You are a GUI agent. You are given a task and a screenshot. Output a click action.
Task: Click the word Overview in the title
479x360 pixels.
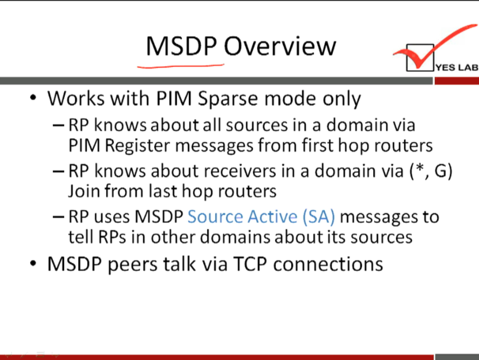coord(280,46)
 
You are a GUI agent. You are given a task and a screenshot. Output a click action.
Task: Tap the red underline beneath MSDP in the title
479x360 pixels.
coord(181,66)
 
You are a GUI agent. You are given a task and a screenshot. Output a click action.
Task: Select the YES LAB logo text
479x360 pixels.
coord(457,67)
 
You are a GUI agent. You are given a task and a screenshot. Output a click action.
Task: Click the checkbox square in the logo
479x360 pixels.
coord(420,58)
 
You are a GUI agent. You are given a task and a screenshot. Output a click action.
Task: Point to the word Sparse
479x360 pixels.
coord(228,99)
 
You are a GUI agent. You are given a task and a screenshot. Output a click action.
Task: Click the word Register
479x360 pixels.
coord(137,146)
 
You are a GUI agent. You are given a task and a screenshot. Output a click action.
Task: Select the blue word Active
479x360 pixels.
coord(272,216)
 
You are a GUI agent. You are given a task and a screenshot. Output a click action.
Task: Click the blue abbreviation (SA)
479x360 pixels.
coord(319,216)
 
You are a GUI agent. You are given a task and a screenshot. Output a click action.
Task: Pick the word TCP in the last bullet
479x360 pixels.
coord(250,264)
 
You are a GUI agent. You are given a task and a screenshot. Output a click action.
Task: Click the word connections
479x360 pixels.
coord(328,264)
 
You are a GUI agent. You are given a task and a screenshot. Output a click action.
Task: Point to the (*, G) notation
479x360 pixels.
coord(431,171)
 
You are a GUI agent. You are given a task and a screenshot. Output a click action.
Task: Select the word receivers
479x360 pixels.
coord(239,171)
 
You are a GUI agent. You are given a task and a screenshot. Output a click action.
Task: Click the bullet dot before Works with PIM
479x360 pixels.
coord(33,98)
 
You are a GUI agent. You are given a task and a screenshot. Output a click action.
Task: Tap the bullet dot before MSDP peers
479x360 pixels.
coord(33,263)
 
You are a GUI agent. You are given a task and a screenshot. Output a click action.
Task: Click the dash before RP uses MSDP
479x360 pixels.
coord(58,217)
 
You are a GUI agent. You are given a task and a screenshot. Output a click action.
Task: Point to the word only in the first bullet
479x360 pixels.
coord(342,99)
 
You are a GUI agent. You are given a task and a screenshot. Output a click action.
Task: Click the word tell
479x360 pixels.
coord(81,237)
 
